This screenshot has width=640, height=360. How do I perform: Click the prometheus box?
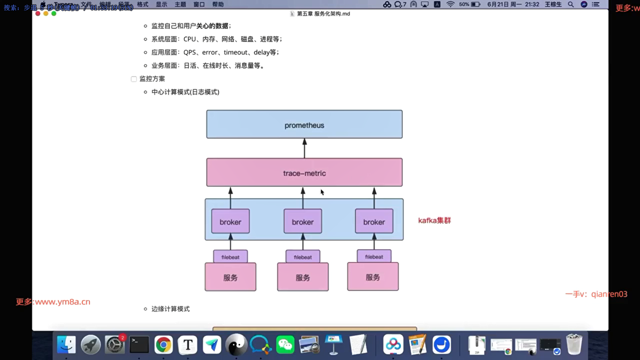(304, 124)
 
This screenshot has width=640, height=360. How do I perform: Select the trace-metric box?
(304, 172)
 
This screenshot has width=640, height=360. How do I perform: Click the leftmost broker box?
(230, 221)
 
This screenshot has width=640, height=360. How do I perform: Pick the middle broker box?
(303, 221)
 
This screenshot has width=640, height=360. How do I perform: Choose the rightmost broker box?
(374, 221)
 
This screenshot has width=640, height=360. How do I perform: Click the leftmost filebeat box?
(230, 257)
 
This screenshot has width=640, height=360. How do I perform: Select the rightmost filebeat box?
(374, 257)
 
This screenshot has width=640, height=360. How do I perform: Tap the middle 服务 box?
(303, 277)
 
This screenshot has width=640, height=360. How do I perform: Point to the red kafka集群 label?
(434, 221)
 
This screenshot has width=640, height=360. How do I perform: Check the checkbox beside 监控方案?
(134, 79)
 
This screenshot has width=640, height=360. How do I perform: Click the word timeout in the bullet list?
(236, 52)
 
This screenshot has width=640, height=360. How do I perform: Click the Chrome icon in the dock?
(163, 345)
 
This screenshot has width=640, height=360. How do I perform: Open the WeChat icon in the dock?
(285, 345)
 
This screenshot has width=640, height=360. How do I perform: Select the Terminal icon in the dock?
(139, 345)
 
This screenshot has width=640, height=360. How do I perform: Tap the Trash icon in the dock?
(574, 345)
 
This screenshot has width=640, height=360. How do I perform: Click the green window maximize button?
(54, 14)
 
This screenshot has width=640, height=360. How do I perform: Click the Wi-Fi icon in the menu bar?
(450, 4)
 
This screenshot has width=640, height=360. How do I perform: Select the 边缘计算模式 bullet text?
(170, 309)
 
